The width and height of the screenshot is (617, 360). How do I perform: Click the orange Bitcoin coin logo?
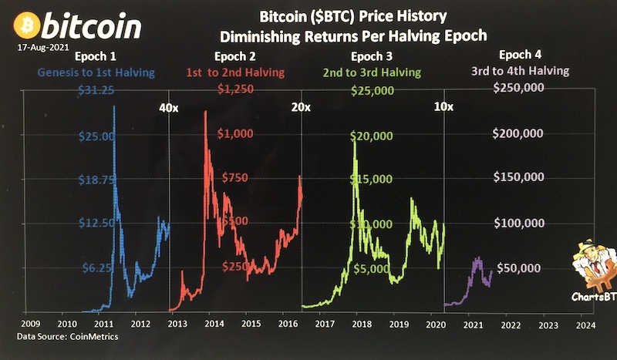point(27,25)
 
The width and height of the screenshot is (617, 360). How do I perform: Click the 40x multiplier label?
point(167,108)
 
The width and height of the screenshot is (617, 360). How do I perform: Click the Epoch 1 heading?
point(97,56)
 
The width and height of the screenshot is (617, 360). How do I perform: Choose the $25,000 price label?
point(373,91)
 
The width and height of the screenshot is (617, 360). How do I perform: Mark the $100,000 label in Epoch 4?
point(519,224)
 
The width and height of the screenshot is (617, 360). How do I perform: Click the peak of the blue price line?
point(114,106)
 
